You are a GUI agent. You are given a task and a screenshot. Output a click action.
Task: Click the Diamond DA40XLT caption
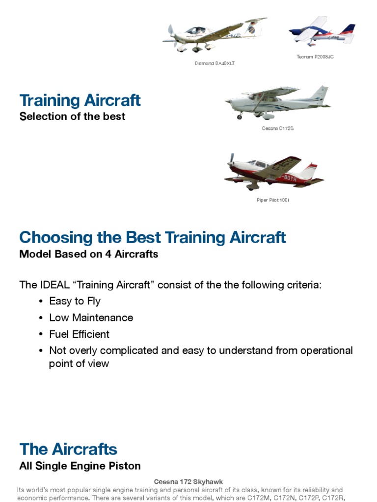(x=215, y=63)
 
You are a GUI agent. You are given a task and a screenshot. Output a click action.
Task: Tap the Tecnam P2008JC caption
(x=315, y=57)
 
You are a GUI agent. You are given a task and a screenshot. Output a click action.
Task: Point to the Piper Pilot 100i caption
(x=273, y=200)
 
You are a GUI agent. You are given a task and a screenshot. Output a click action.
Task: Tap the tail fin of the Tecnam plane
(x=350, y=30)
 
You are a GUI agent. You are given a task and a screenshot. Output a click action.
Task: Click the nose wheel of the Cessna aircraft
(x=240, y=117)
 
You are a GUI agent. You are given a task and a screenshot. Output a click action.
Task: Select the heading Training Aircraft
(x=80, y=100)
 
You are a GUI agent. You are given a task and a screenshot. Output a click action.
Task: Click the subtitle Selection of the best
(x=72, y=117)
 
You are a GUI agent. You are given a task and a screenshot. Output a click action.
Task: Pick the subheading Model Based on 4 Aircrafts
(x=88, y=254)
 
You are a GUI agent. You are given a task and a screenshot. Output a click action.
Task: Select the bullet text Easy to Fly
(x=75, y=301)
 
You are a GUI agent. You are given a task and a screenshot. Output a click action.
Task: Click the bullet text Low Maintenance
(x=91, y=318)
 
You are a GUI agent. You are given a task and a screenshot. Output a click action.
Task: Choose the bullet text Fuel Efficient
(x=79, y=334)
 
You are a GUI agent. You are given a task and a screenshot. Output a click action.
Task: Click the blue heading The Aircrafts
(x=68, y=449)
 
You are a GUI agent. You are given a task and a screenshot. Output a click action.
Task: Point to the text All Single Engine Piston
(x=80, y=466)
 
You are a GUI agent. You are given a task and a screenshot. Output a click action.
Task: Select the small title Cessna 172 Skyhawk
(x=188, y=482)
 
